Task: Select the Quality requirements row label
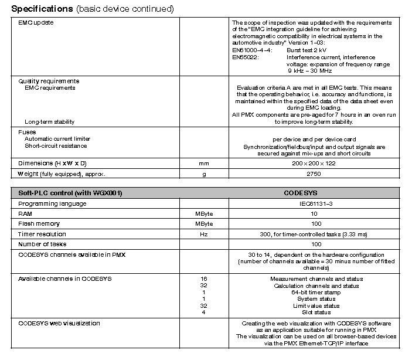(49, 81)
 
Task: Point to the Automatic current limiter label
(57, 139)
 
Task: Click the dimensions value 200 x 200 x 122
(316, 163)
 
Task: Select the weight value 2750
(316, 174)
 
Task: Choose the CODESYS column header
(316, 193)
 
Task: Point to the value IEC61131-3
(316, 203)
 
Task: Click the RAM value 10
(316, 214)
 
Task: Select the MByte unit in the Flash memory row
(204, 224)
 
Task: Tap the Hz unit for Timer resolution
(204, 234)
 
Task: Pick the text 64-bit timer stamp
(316, 292)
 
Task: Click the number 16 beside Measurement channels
(204, 279)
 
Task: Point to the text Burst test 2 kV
(311, 51)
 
